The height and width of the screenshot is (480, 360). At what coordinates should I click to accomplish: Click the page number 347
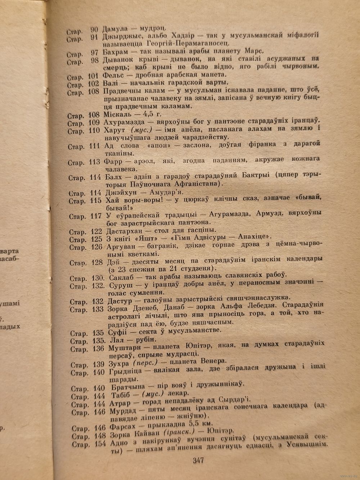pos(198,460)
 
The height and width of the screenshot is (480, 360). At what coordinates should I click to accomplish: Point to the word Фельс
pos(113,75)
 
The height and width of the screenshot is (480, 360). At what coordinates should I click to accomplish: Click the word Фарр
pos(112,161)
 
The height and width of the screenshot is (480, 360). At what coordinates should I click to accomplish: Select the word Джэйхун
pos(118,193)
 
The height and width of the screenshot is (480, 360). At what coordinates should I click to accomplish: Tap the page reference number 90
pos(95,28)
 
